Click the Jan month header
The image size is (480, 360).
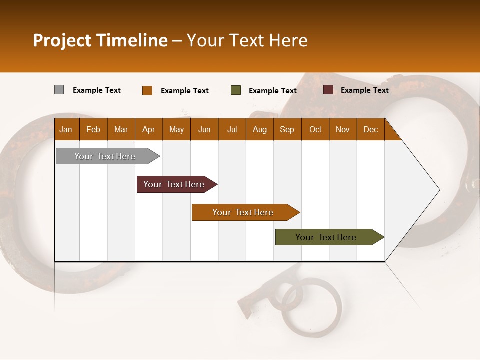66,129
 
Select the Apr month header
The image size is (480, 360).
148,129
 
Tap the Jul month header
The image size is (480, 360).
232,129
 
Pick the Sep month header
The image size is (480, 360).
287,129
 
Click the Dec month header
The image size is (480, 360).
370,129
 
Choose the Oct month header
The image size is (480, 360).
315,129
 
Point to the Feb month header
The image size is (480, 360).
93,129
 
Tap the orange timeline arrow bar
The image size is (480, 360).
243,212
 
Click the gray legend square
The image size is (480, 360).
59,90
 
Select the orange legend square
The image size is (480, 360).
147,90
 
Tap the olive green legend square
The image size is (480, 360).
236,90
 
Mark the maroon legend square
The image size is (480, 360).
328,90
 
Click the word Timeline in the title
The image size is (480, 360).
131,40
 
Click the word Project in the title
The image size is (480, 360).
62,40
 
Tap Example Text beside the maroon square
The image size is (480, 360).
364,90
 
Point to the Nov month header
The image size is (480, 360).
343,129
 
